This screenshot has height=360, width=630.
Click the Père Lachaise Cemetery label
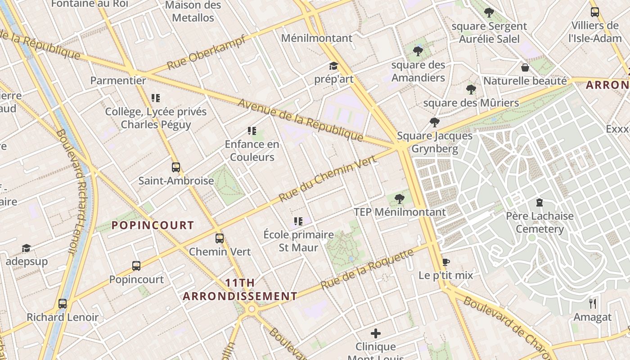coord(540,222)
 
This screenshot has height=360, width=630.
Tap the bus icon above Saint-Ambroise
coord(176,167)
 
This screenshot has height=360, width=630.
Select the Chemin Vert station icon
coord(220,238)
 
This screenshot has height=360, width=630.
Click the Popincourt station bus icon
coord(136,266)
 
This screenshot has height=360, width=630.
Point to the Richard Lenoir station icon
coord(63,304)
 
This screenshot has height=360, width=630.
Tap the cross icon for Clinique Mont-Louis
coord(376,333)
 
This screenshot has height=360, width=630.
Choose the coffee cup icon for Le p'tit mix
coord(445,262)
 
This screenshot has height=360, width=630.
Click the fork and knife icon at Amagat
coord(593,304)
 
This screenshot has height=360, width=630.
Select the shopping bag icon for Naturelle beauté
coord(525,67)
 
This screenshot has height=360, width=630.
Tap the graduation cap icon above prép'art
coord(333,66)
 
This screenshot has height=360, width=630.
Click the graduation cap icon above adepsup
coord(26,248)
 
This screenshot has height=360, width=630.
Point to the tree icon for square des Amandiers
coord(418,51)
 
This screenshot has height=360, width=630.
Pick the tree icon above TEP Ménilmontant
coord(399,198)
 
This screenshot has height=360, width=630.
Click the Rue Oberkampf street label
coord(207,52)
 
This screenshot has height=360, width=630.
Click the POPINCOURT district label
coord(153,225)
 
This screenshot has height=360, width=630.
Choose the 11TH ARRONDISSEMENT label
coord(240,289)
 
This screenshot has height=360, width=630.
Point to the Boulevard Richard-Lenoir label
coord(71,191)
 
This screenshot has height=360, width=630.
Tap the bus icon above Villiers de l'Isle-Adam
coord(595,12)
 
